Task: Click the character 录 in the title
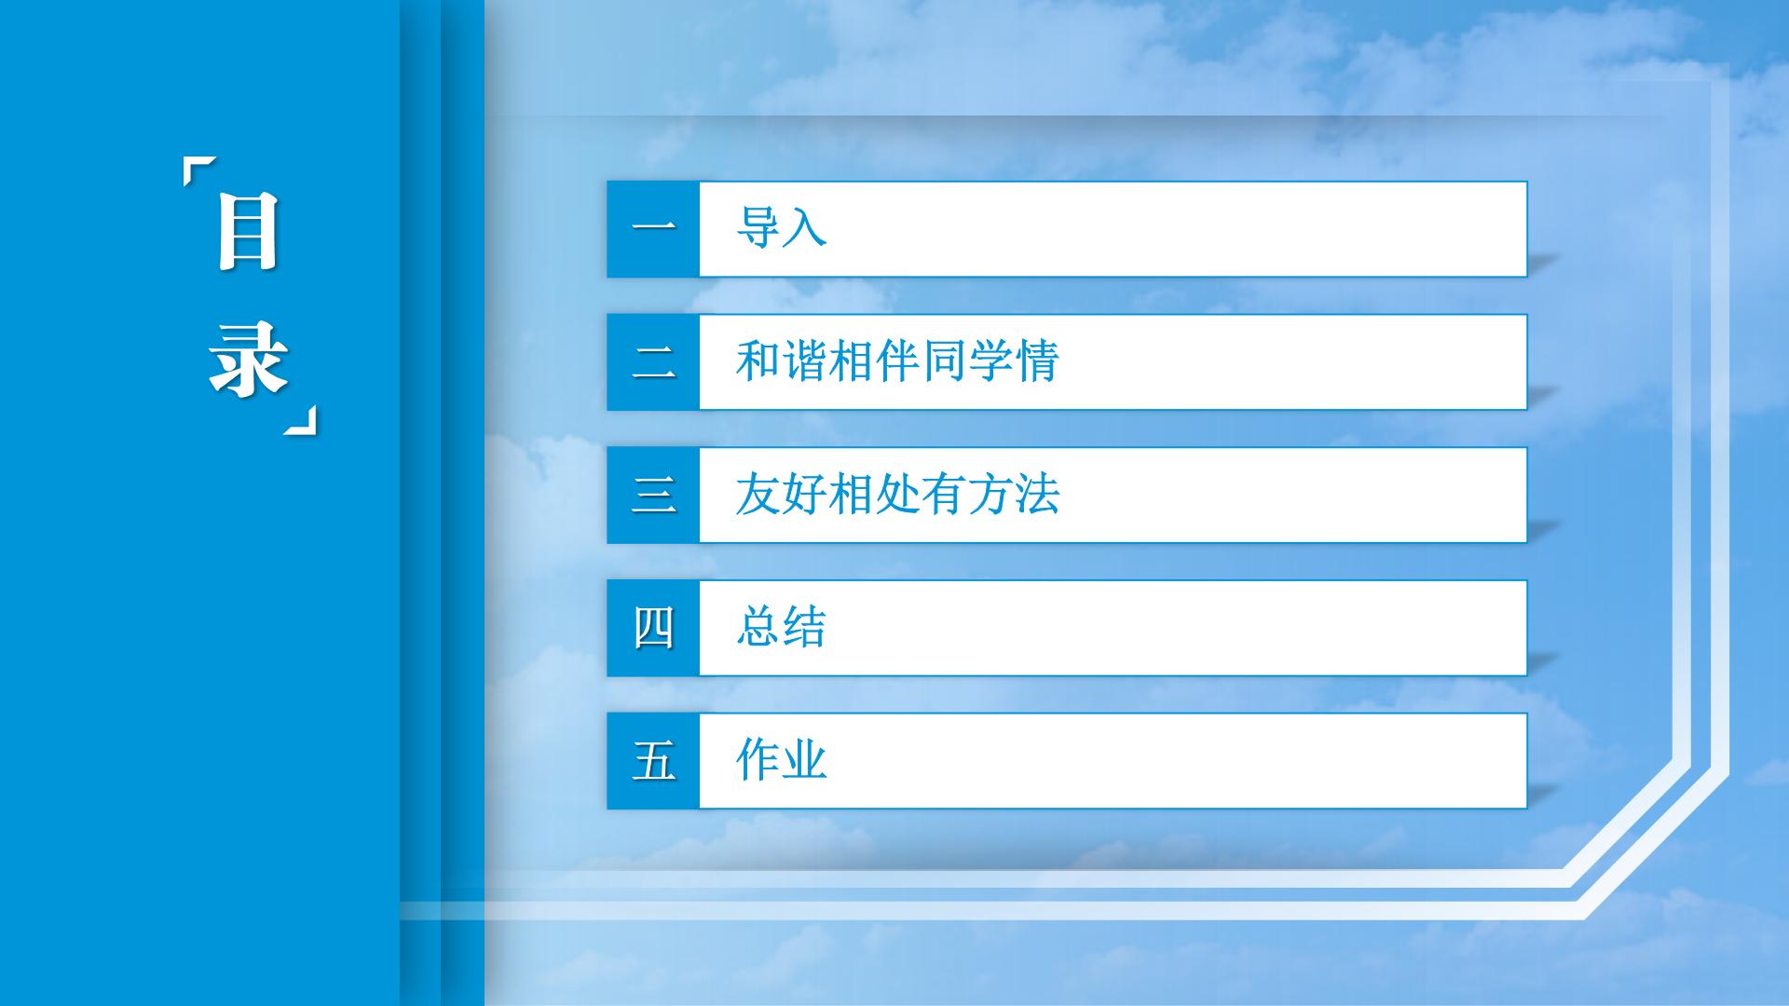point(248,359)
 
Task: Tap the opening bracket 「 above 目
point(199,172)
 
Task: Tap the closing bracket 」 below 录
point(300,420)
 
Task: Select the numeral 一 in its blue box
point(653,228)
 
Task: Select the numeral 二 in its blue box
point(653,361)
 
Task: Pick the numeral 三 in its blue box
point(653,495)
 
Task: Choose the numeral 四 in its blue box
point(653,628)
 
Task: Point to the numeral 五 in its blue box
point(653,761)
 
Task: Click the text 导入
point(781,227)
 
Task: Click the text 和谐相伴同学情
point(897,361)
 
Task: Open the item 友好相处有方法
point(897,495)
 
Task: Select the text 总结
point(781,627)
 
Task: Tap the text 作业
point(781,760)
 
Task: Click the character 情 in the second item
point(1037,361)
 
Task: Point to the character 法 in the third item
point(1037,495)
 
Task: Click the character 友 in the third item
point(758,495)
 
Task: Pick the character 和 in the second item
point(758,361)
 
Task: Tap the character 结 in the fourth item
point(805,627)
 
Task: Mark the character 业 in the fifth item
point(805,760)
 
